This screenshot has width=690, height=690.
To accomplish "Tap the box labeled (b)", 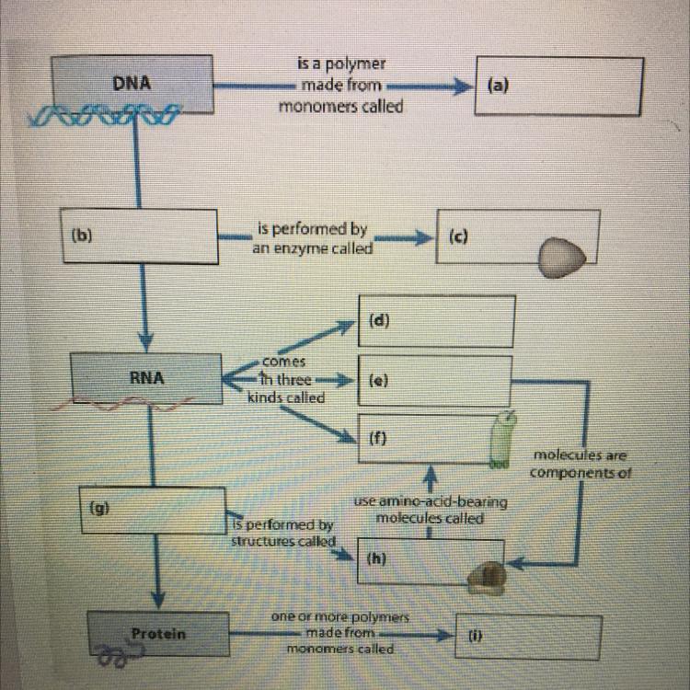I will pyautogui.click(x=138, y=236).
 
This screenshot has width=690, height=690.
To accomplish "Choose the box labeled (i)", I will pyautogui.click(x=529, y=634).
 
